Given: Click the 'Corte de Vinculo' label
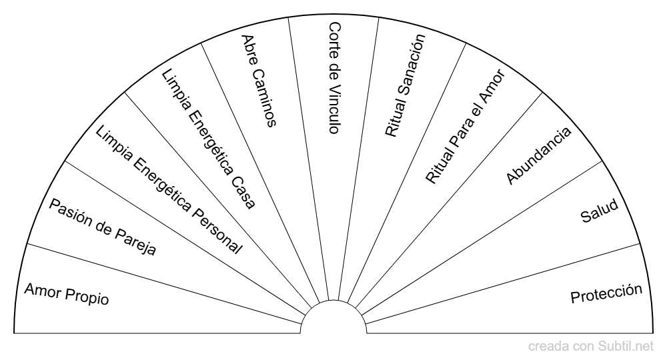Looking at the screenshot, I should (x=335, y=78).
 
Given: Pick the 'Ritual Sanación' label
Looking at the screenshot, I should (x=405, y=86).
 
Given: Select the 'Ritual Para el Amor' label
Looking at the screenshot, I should (x=465, y=128).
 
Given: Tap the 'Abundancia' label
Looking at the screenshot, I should (x=539, y=155).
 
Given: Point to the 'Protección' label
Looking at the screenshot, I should (x=606, y=293).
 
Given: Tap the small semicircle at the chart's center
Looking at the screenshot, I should (x=333, y=317).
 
